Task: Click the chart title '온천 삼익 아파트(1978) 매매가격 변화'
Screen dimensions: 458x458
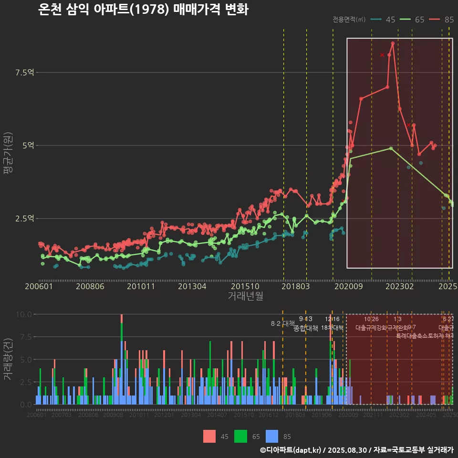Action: click(143, 10)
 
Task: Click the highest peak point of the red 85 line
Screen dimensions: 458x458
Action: click(393, 43)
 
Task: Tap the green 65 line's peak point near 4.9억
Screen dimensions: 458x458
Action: click(391, 148)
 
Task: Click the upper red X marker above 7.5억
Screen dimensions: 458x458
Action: click(382, 55)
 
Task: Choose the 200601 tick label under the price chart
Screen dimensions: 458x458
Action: click(39, 286)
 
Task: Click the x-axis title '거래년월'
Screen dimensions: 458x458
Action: click(245, 296)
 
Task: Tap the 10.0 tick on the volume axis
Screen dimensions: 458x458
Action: click(24, 314)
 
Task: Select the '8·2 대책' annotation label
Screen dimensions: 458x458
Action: click(283, 323)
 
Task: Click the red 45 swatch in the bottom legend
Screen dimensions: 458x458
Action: click(209, 437)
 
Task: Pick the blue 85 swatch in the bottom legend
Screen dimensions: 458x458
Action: click(271, 437)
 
